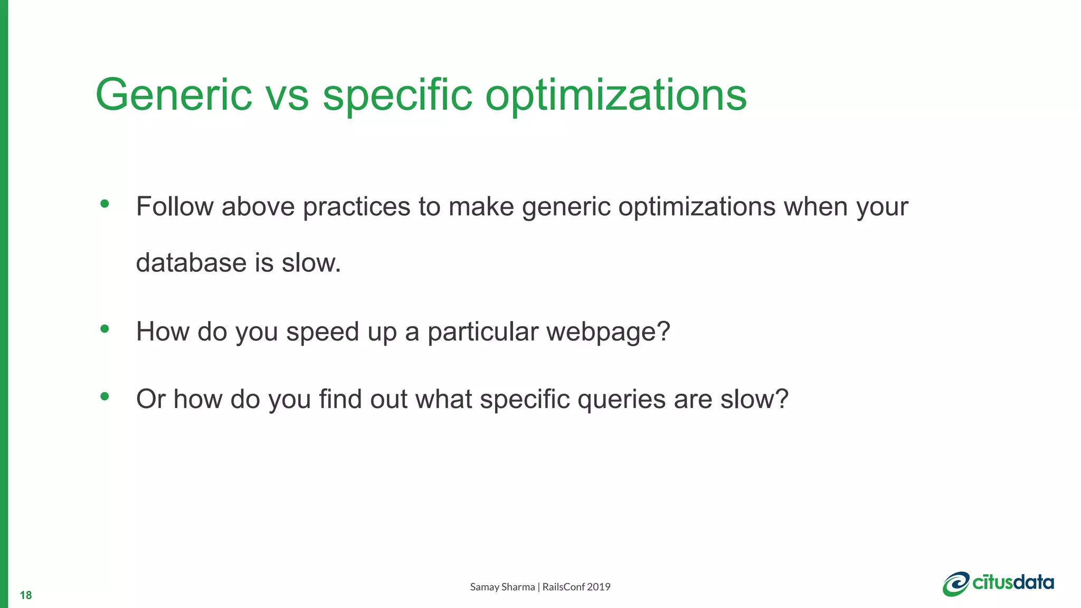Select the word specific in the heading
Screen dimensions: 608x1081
(x=397, y=96)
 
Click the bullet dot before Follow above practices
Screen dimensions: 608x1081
(x=105, y=204)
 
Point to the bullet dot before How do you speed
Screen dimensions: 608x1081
(x=105, y=329)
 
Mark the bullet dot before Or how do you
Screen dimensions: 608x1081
(x=105, y=396)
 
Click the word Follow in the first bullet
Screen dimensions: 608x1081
(x=174, y=206)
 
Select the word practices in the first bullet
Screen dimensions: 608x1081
(x=356, y=207)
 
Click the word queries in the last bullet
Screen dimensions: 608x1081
(x=621, y=400)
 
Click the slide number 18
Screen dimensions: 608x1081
(x=25, y=595)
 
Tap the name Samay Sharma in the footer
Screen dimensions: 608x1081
(x=502, y=587)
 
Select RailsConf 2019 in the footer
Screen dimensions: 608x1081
(x=576, y=587)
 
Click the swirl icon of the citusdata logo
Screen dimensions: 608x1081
(x=956, y=584)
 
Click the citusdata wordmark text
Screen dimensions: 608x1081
(x=1013, y=582)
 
